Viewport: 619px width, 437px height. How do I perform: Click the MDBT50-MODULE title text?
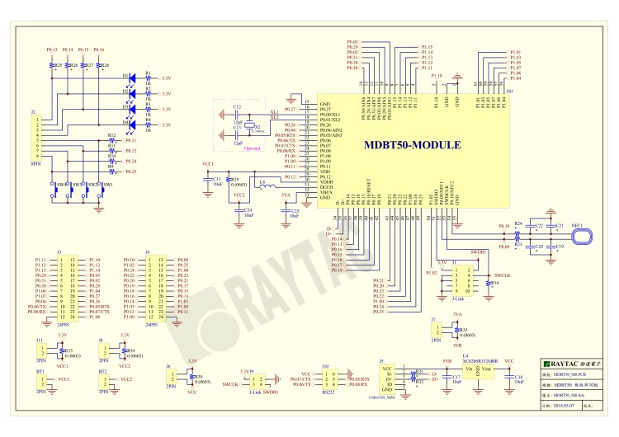412,145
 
